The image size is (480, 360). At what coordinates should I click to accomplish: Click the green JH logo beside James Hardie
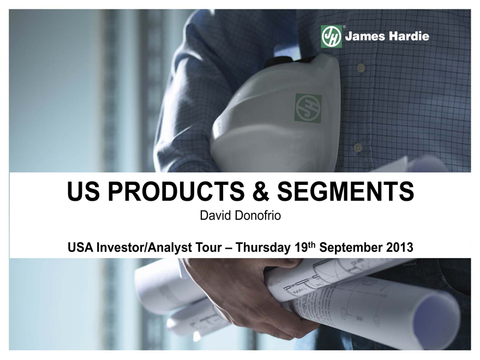tap(331, 37)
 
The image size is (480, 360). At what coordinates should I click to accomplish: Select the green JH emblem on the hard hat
tap(308, 109)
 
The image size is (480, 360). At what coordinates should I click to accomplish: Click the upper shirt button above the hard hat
tap(361, 68)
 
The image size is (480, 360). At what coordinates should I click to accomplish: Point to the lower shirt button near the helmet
tap(358, 147)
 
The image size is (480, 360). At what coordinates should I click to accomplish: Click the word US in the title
tap(83, 191)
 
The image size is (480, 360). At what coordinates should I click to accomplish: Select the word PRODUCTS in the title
tap(176, 191)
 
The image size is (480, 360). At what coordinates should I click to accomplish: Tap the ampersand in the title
tap(261, 191)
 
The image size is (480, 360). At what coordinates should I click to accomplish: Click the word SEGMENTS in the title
tap(346, 191)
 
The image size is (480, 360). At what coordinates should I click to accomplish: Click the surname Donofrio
tap(257, 215)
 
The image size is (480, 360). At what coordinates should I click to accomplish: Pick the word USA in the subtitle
tap(80, 247)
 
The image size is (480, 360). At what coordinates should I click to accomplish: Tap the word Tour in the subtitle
tap(209, 247)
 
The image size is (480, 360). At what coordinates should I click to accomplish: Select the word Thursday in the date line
tap(263, 248)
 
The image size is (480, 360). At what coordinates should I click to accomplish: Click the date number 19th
tap(305, 247)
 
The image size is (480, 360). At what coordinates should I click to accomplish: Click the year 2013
tap(399, 247)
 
